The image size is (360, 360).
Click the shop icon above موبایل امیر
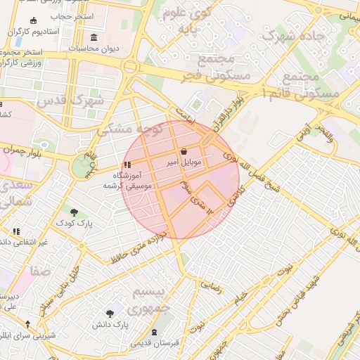tap(184, 151)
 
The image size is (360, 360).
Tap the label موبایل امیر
tap(184, 162)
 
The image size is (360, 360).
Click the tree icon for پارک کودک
tap(74, 212)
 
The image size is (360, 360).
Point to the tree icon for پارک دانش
tap(110, 314)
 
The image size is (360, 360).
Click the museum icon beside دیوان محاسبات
tap(94, 37)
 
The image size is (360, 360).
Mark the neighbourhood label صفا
tap(40, 270)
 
